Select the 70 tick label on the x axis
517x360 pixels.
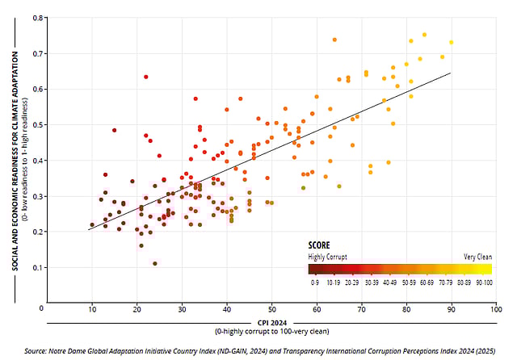361,308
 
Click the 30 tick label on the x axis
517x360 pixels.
182,308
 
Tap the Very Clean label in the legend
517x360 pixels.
477,256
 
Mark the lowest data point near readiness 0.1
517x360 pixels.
154,263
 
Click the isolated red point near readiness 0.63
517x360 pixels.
146,77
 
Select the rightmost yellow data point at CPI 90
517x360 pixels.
452,42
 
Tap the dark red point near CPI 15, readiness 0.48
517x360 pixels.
115,130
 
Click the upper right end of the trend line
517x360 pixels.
450,73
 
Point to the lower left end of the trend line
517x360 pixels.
88,230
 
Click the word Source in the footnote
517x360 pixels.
36,351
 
